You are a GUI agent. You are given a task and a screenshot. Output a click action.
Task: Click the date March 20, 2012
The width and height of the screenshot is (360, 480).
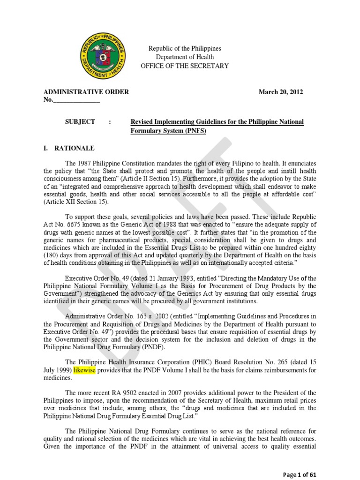pos(281,92)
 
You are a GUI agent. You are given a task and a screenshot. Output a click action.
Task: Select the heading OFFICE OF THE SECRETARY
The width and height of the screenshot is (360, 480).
pos(185,66)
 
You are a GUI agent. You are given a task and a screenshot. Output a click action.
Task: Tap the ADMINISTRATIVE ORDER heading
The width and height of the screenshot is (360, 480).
pos(86,92)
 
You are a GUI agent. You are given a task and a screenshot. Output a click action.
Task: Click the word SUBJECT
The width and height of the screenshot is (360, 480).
pos(80,122)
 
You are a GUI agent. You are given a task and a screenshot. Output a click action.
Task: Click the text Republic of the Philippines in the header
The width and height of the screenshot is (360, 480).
pos(185,49)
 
